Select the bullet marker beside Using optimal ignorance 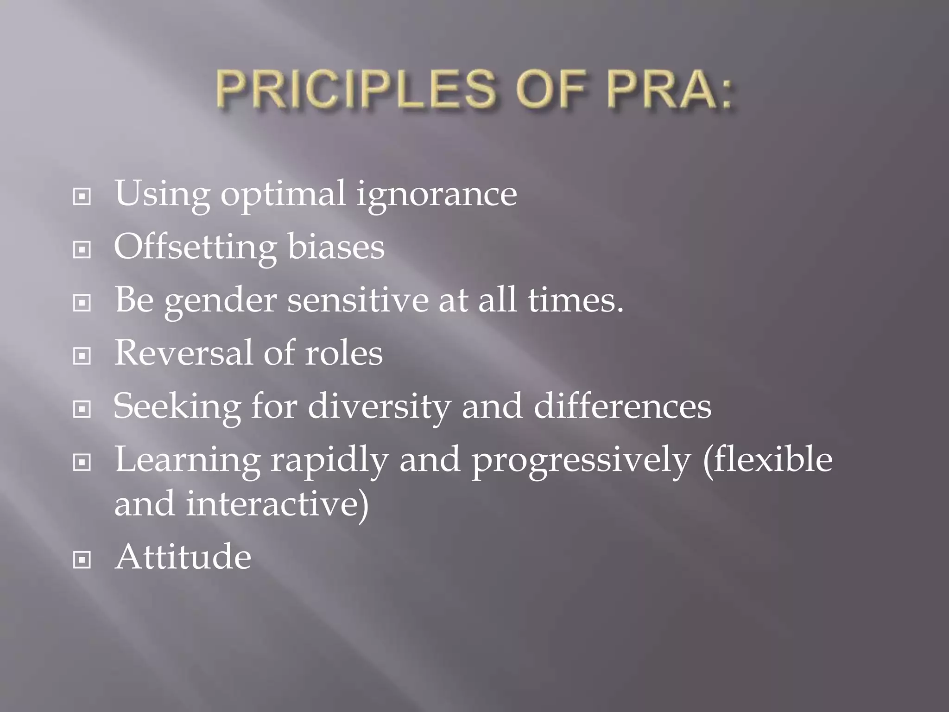[82, 197]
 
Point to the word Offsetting [195, 247]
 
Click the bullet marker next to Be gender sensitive [82, 303]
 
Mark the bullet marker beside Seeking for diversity [82, 409]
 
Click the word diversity [379, 407]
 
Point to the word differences [622, 406]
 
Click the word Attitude [183, 557]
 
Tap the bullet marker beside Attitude [82, 560]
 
